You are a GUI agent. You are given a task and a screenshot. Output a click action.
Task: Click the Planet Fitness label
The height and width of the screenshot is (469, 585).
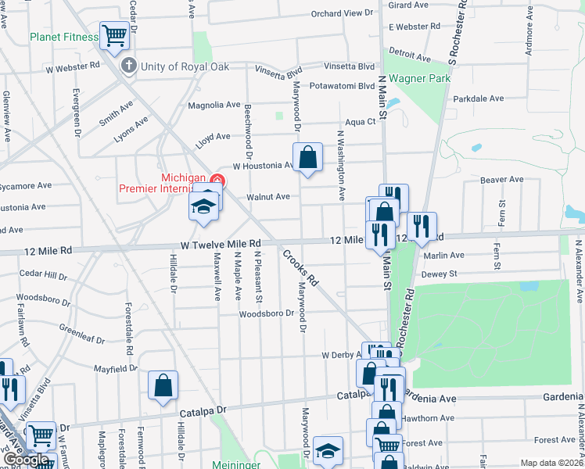(x=63, y=37)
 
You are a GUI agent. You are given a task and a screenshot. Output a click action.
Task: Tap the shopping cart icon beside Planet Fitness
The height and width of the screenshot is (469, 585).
(x=114, y=35)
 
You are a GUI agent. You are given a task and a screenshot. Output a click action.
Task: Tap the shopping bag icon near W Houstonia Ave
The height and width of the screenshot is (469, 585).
(x=309, y=156)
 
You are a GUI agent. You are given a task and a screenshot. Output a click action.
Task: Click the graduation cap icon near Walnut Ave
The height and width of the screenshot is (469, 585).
(x=203, y=206)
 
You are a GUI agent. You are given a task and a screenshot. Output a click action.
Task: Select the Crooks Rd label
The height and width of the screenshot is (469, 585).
(x=302, y=267)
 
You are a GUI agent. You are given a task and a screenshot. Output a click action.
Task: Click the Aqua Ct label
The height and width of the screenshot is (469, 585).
(x=361, y=122)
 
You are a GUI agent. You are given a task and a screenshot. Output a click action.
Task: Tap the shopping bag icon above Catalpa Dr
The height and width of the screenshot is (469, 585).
(x=163, y=385)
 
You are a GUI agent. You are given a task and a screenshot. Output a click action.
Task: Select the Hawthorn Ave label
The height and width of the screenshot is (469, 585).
(x=429, y=418)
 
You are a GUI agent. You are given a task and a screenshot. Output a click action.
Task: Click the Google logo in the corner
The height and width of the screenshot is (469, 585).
(x=27, y=460)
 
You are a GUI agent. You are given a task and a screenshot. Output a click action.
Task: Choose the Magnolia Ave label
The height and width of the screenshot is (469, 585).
(x=214, y=105)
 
